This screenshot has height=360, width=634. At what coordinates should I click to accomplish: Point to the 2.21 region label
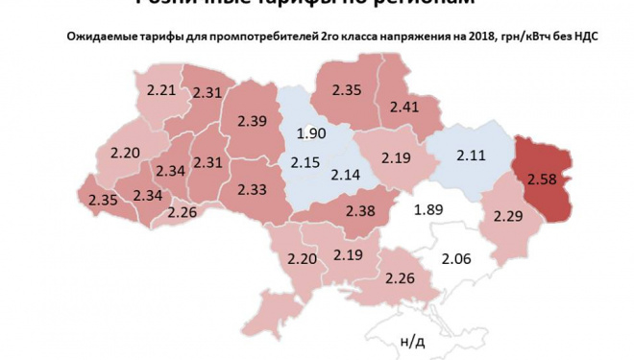[x=161, y=90]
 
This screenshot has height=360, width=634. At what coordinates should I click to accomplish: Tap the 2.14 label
[x=346, y=174]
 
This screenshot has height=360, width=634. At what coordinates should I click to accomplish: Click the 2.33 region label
[x=251, y=189]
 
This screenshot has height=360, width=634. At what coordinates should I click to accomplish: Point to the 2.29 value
[x=505, y=216]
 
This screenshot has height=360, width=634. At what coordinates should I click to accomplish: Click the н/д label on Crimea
[x=412, y=341]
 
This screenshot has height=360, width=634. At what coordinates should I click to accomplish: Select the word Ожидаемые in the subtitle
[x=101, y=37]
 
